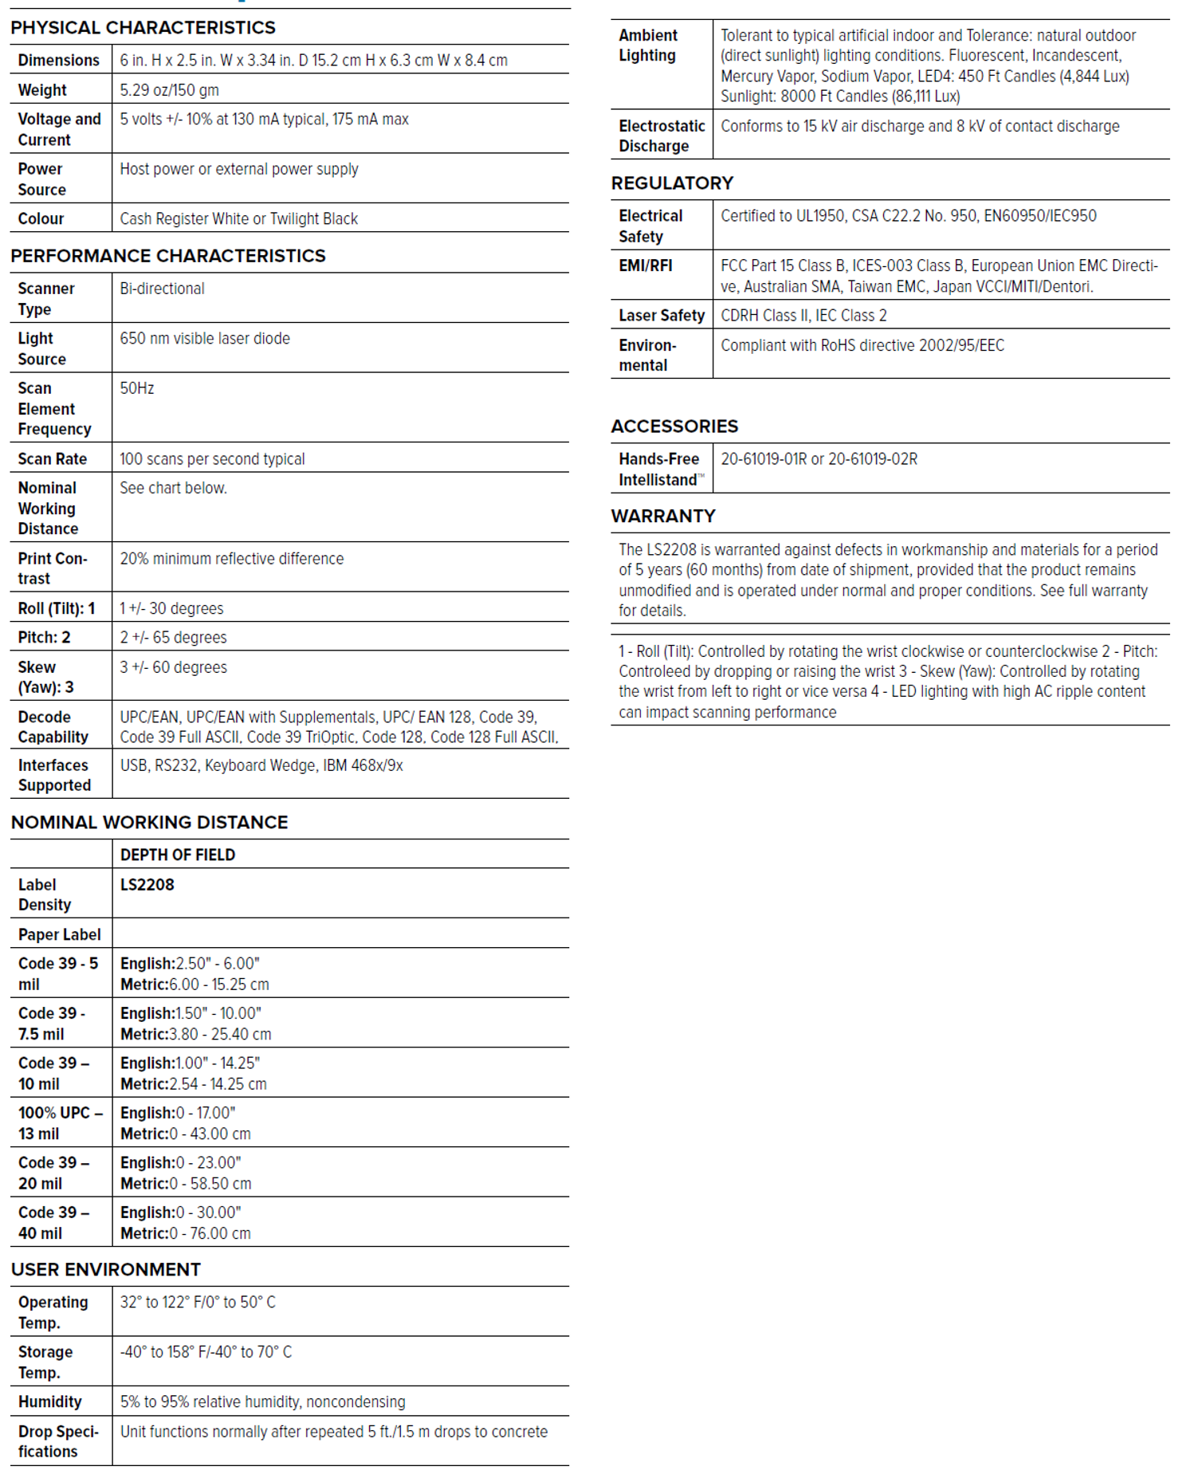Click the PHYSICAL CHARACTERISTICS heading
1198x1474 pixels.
(x=143, y=28)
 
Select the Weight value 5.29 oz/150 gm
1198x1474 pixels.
(x=169, y=90)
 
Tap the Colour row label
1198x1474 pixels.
(x=41, y=218)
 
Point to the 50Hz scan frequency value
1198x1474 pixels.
(x=136, y=388)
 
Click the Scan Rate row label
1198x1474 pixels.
(x=52, y=459)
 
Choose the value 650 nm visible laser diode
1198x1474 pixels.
(x=205, y=338)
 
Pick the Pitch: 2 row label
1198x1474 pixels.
(x=44, y=637)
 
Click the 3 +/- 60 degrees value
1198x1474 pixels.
(x=173, y=667)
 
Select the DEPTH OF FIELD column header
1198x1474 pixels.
(x=177, y=855)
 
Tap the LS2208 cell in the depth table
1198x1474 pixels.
(x=147, y=885)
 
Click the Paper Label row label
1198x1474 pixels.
(x=59, y=934)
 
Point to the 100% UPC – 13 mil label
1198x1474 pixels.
(x=60, y=1123)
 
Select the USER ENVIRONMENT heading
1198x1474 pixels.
(x=105, y=1269)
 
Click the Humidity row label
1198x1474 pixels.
(x=49, y=1401)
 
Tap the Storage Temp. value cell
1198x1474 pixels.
(x=206, y=1352)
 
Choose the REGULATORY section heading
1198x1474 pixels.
(x=671, y=183)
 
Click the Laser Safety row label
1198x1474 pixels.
(x=661, y=316)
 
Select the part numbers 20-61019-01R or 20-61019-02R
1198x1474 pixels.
(x=819, y=459)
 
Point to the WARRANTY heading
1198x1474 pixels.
(x=662, y=516)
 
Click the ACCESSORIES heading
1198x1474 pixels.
(x=674, y=426)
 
